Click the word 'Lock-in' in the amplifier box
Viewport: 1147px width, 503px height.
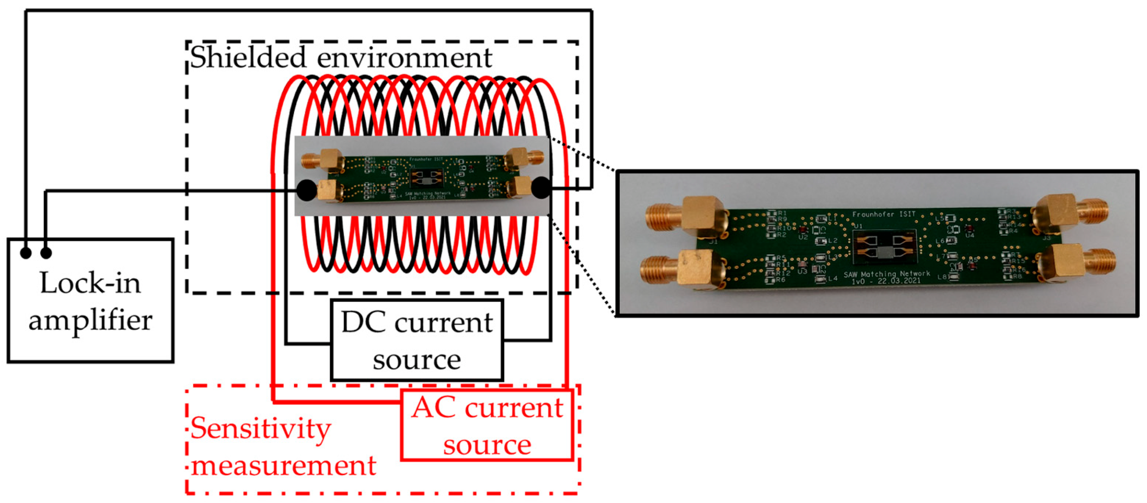[90, 283]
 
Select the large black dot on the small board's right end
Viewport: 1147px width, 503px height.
[541, 188]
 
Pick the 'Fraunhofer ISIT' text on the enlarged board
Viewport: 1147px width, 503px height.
[883, 214]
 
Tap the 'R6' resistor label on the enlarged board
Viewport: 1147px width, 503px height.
[781, 280]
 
